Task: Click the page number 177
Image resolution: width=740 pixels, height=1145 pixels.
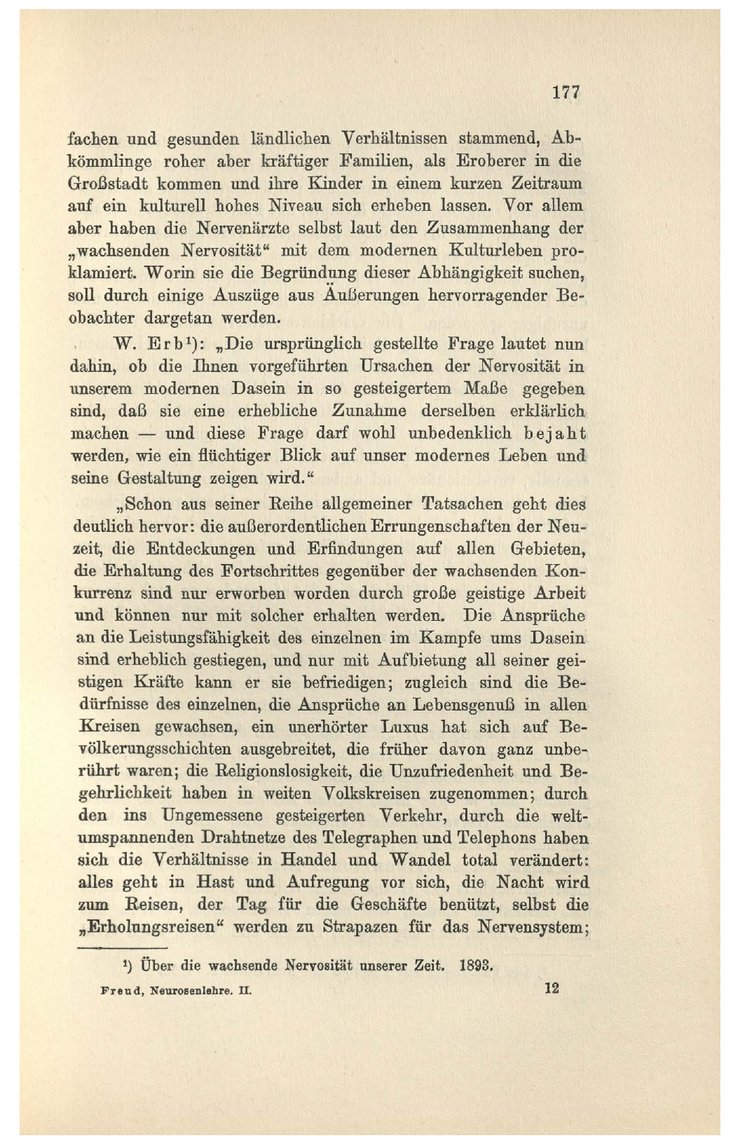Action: pyautogui.click(x=566, y=92)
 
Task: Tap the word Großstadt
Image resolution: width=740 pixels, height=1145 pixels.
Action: pyautogui.click(x=105, y=184)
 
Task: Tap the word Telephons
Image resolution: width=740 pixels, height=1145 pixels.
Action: pyautogui.click(x=497, y=838)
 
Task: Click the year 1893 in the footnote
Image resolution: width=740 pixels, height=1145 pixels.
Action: pyautogui.click(x=477, y=966)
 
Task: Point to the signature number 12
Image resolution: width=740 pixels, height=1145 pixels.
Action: pyautogui.click(x=551, y=989)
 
